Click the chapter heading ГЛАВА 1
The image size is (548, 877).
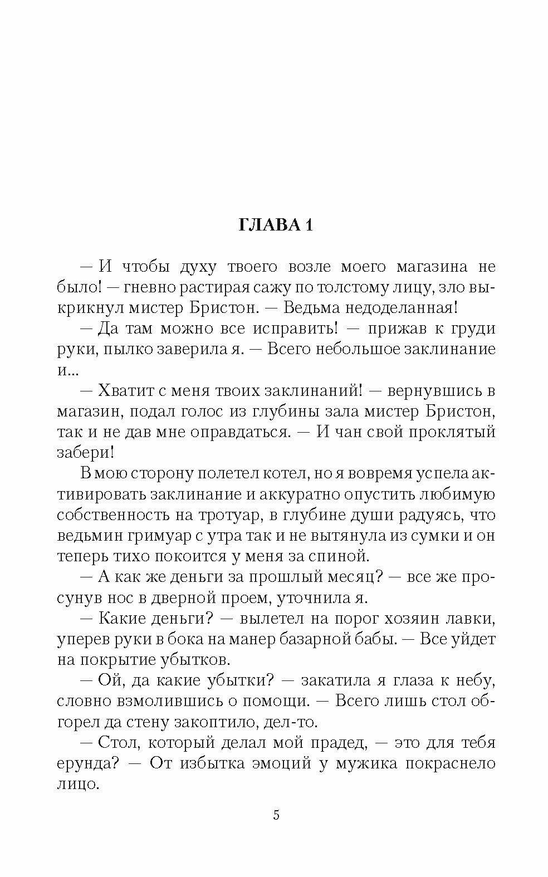pyautogui.click(x=276, y=225)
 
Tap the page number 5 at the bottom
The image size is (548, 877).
pyautogui.click(x=276, y=816)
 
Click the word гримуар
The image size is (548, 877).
pyautogui.click(x=165, y=536)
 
